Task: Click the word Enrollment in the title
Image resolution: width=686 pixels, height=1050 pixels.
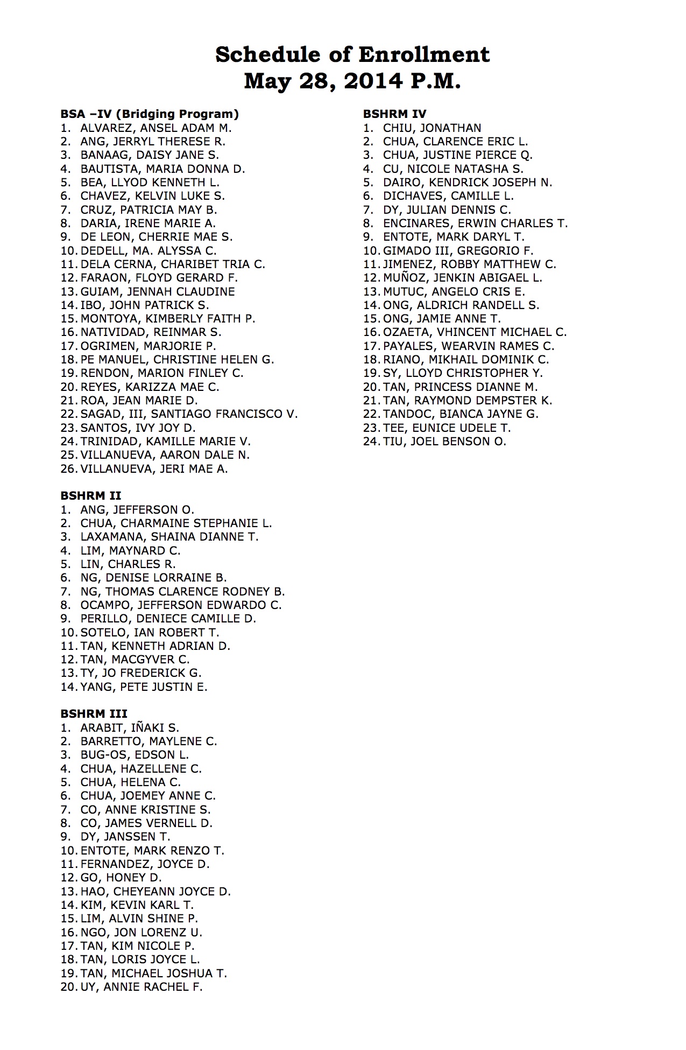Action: tap(424, 54)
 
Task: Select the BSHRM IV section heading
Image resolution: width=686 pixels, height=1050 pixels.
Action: tap(394, 114)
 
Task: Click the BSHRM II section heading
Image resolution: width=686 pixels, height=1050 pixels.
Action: tap(90, 495)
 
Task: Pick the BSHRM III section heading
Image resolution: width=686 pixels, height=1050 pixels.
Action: tap(94, 713)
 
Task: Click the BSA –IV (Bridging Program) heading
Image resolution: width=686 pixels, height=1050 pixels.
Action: tap(150, 114)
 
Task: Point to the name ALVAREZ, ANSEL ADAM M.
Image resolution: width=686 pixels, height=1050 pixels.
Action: tap(156, 128)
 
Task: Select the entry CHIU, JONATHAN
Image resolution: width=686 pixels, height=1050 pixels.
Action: tap(432, 128)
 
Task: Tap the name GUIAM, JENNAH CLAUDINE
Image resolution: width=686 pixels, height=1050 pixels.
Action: tap(158, 291)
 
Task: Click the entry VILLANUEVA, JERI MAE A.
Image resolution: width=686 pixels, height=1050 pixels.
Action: tap(154, 468)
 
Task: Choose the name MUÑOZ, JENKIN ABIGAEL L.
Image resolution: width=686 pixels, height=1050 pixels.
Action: tap(462, 278)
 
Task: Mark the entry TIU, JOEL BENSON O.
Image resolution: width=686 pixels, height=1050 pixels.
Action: tap(444, 442)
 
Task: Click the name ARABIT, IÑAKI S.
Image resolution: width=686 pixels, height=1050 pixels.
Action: tap(130, 727)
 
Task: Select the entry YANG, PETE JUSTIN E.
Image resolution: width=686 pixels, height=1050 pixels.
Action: tap(144, 687)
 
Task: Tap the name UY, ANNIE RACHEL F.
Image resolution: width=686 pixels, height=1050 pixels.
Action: tap(142, 986)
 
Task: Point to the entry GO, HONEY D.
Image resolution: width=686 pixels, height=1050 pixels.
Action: tap(121, 878)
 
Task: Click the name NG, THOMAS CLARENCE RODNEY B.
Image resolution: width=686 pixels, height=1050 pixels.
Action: tap(182, 591)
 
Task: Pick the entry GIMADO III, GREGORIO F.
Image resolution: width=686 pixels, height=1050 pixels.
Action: tap(458, 250)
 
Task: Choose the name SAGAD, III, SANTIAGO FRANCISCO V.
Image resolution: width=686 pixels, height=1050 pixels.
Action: tap(189, 414)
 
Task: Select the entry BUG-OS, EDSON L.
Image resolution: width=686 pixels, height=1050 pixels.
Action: tap(135, 755)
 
